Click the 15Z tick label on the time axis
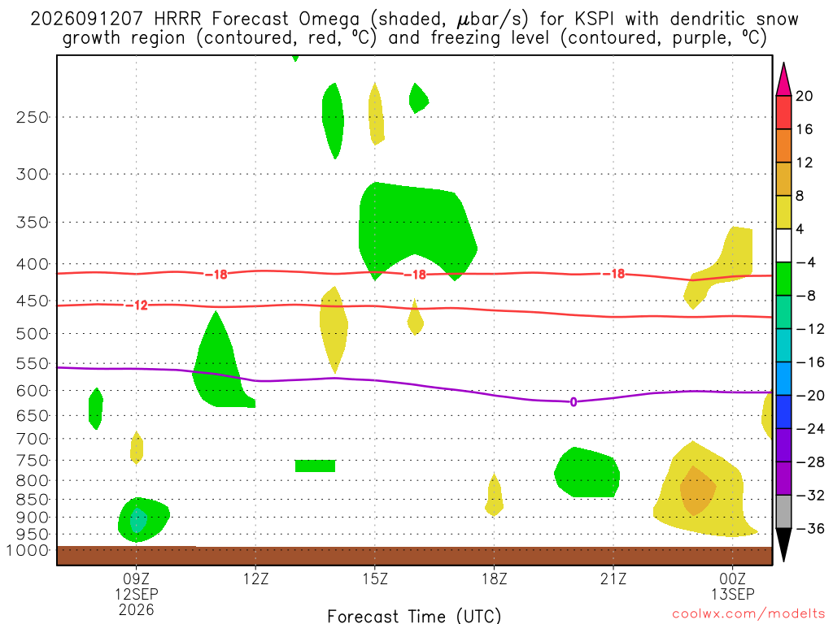[x=375, y=578]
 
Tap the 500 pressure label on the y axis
[x=33, y=334]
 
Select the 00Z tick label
[x=733, y=578]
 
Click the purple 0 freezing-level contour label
[x=574, y=402]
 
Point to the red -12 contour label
[x=137, y=305]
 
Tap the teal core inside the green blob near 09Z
[x=138, y=520]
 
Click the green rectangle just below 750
[x=315, y=466]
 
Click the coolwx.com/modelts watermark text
[x=748, y=614]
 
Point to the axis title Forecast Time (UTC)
[x=414, y=616]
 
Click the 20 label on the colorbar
[x=805, y=96]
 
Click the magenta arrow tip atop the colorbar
[x=783, y=63]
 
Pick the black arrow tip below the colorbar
[x=783, y=561]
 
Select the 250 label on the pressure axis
[x=33, y=117]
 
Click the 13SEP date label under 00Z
[x=733, y=594]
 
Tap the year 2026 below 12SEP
[x=137, y=609]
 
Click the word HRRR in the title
[x=177, y=19]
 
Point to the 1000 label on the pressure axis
[x=28, y=550]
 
